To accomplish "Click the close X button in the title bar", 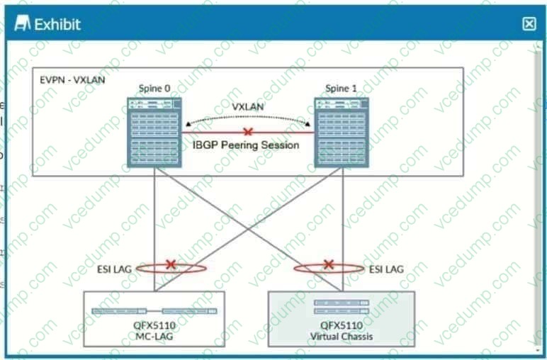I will coord(529,24).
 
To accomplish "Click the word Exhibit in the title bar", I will coord(57,24).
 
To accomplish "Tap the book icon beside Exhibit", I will coord(23,24).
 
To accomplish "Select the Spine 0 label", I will coord(154,89).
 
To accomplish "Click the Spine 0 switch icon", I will coord(154,132).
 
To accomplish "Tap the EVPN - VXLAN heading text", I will coord(73,79).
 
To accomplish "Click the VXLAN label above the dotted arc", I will coord(248,106).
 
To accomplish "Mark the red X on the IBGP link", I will coord(247,132).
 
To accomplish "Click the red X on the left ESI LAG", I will coord(171,265).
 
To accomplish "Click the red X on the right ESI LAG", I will coord(328,265).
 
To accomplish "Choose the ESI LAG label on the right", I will coord(386,269).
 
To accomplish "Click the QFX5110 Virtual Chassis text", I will coord(342,330).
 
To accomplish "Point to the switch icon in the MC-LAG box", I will coord(154,310).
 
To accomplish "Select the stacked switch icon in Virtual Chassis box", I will coord(342,307).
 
